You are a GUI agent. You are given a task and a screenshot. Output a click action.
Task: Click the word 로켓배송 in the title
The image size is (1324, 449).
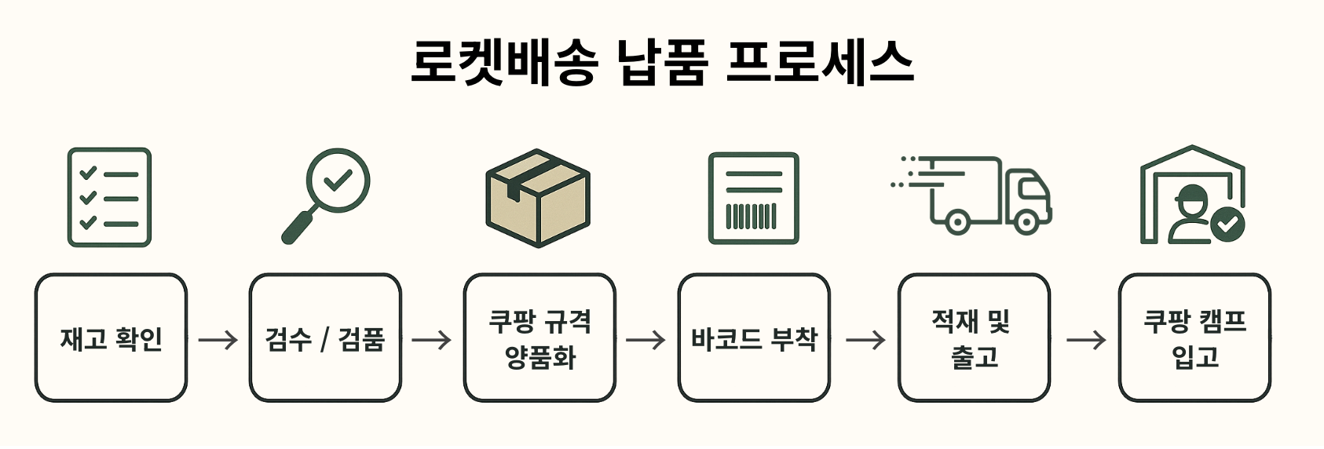coord(503,61)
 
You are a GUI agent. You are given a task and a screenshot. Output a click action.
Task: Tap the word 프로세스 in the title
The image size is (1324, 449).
coord(819,61)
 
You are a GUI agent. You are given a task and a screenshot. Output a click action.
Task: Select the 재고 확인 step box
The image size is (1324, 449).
coord(111,338)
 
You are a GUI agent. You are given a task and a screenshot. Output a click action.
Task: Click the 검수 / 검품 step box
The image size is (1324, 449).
coord(325,338)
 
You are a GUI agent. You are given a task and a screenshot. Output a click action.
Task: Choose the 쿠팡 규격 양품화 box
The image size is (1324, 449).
coord(539,338)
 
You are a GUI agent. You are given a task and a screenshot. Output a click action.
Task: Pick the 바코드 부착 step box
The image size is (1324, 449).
coord(754,338)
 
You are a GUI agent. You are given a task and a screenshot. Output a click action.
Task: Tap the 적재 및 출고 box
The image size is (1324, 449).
coord(974,338)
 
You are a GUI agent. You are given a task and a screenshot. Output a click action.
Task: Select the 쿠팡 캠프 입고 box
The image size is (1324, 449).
coord(1194,338)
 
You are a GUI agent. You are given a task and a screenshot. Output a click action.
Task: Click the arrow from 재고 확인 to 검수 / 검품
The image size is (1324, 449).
coord(218,340)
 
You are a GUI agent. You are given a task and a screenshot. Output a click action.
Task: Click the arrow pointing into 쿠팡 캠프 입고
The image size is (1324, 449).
coord(1085,340)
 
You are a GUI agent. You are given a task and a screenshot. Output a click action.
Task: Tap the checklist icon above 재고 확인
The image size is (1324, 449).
coord(109,197)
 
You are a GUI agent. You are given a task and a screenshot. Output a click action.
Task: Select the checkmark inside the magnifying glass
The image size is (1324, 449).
coord(338,181)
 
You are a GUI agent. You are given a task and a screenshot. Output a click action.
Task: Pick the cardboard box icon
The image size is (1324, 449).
coord(538,199)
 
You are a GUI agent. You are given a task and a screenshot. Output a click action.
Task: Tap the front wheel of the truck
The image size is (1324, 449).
coord(1026,221)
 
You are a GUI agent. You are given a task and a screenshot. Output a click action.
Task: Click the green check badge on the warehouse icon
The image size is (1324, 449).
coord(1227,224)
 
